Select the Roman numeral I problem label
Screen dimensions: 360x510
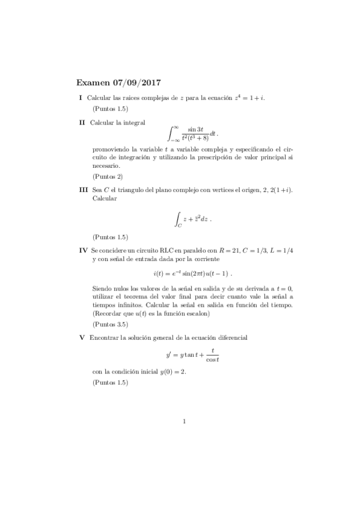point(81,97)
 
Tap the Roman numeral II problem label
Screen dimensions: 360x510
point(83,122)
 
